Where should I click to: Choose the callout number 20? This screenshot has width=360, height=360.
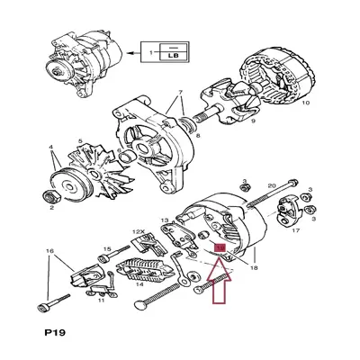point(270,186)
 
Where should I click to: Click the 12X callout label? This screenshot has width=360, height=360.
point(139,232)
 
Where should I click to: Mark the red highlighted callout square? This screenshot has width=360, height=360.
point(218,242)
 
